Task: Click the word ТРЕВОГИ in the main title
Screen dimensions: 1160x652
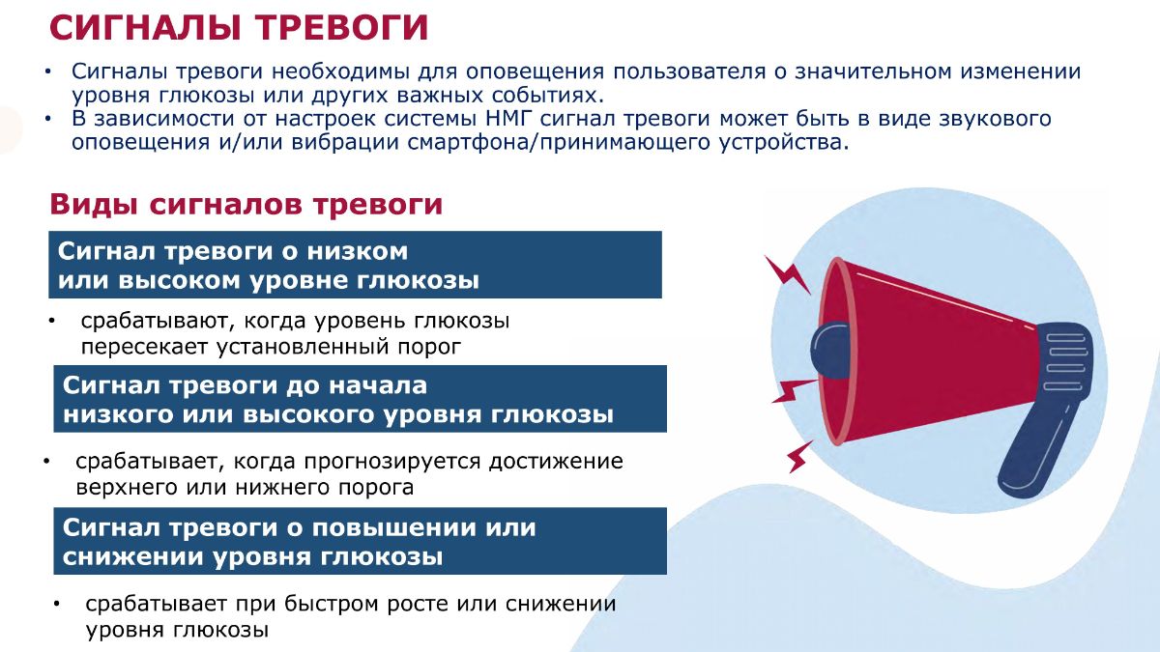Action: pyautogui.click(x=342, y=27)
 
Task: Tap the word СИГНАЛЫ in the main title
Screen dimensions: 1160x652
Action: pyautogui.click(x=146, y=27)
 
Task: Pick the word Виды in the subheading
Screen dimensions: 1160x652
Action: pyautogui.click(x=95, y=205)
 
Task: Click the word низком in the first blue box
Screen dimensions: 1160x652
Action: pyautogui.click(x=358, y=251)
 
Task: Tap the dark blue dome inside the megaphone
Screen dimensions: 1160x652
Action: pyautogui.click(x=829, y=351)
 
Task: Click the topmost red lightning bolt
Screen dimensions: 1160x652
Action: pyautogui.click(x=787, y=274)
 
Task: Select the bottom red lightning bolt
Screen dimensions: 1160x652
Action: pyautogui.click(x=799, y=456)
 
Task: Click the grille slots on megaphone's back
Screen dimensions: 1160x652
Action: pyautogui.click(x=1065, y=362)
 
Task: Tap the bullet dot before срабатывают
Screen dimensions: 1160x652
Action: pyautogui.click(x=52, y=322)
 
